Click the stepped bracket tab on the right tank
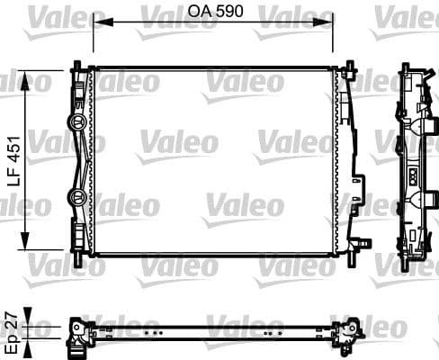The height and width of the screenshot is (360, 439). (x=363, y=240)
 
